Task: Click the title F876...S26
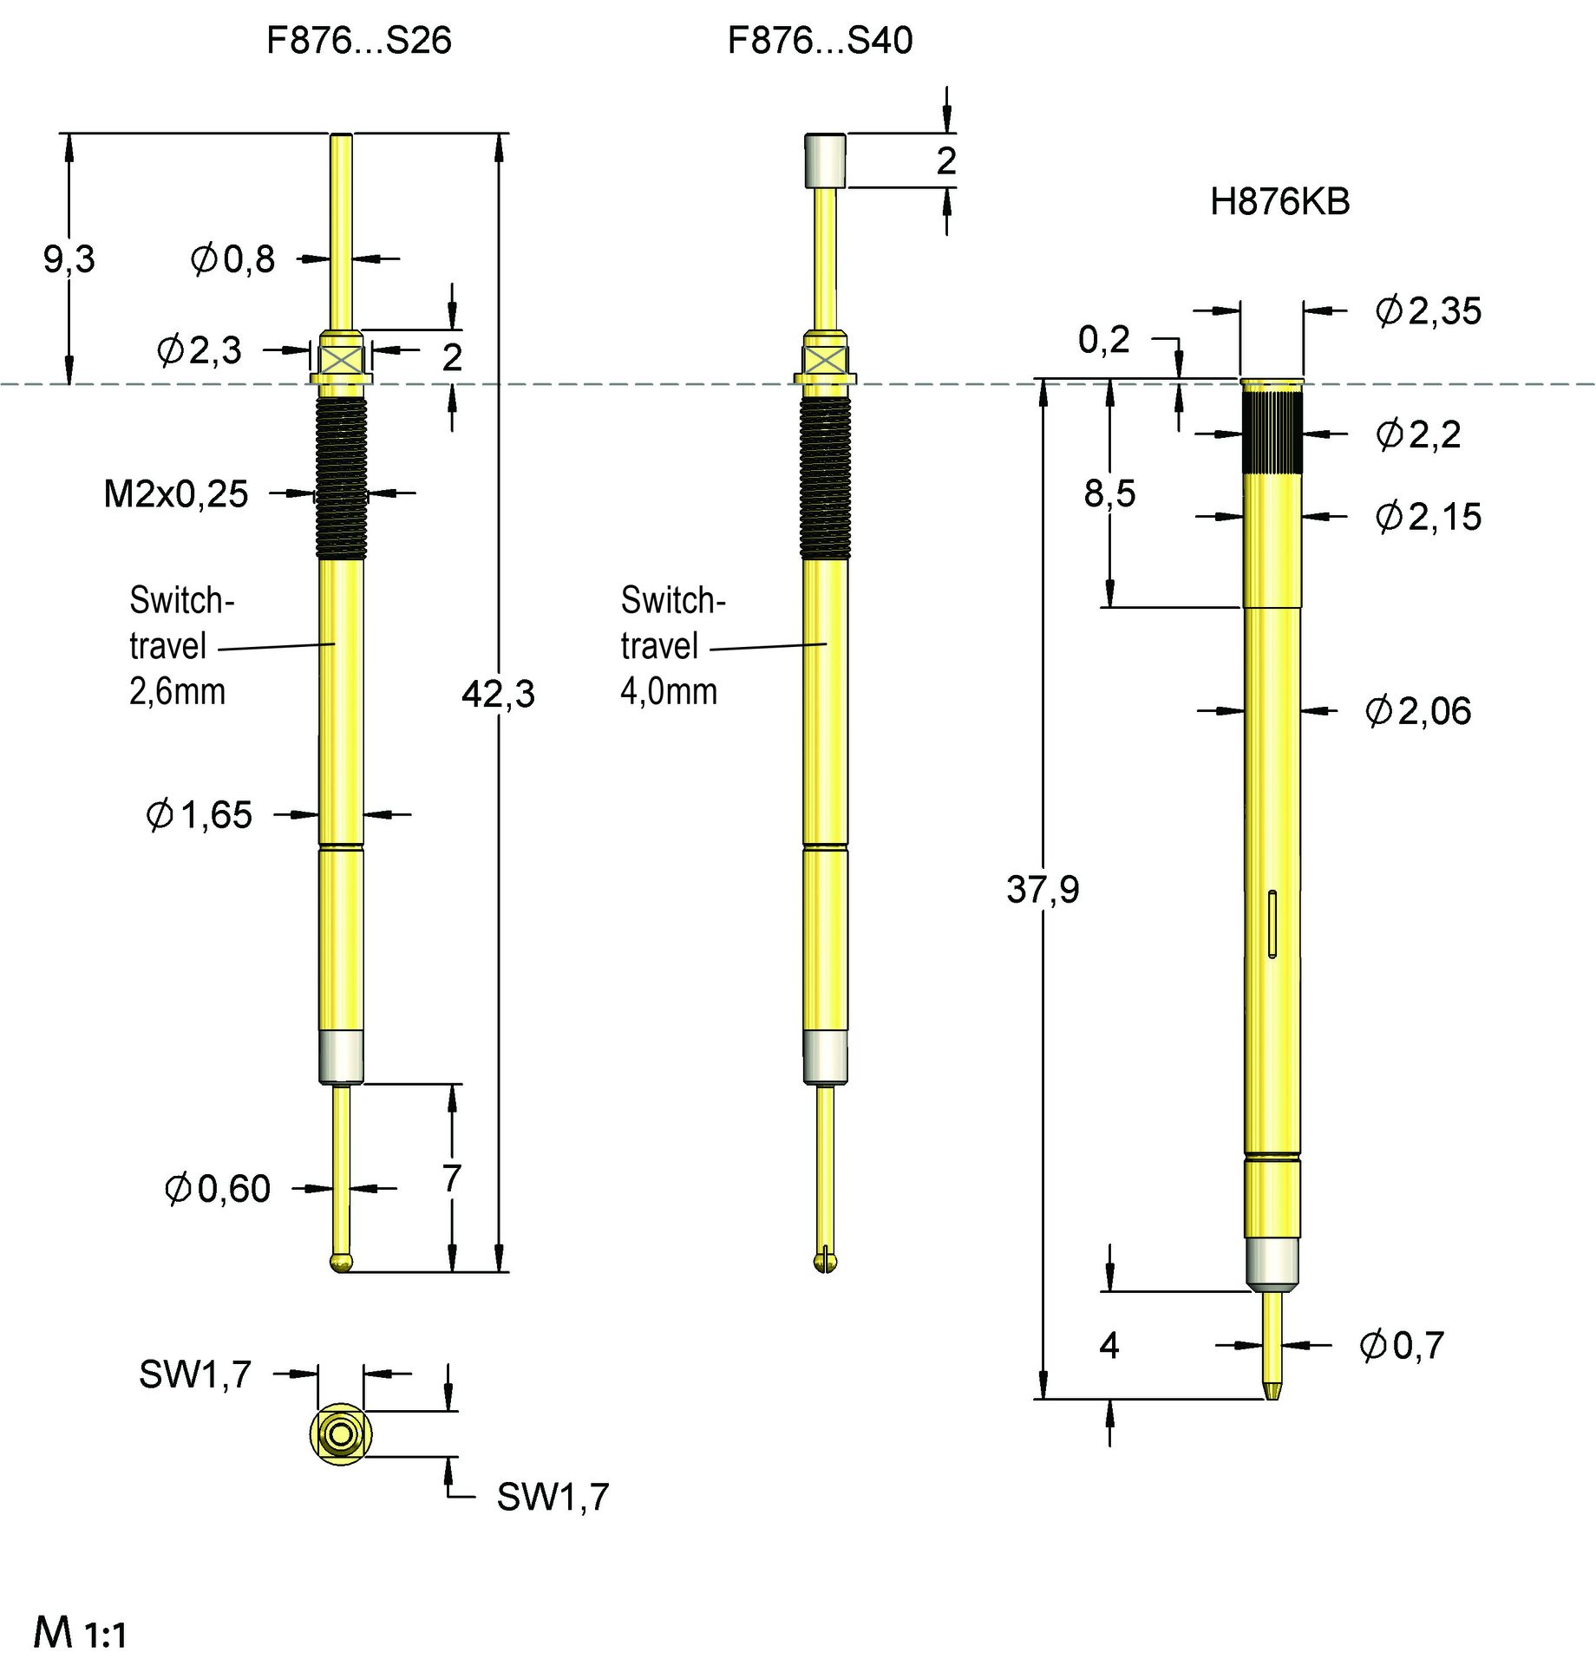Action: pyautogui.click(x=358, y=41)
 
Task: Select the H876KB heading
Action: pyautogui.click(x=1279, y=202)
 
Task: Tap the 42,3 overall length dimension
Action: pyautogui.click(x=498, y=695)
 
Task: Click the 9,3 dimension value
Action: pyautogui.click(x=69, y=259)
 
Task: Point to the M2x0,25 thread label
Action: pyautogui.click(x=176, y=494)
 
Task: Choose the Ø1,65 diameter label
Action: pyautogui.click(x=199, y=815)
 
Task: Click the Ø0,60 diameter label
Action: pyautogui.click(x=218, y=1189)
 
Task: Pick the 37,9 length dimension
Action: pyautogui.click(x=1043, y=890)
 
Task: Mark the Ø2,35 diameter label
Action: pyautogui.click(x=1429, y=311)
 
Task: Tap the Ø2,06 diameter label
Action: pyautogui.click(x=1418, y=711)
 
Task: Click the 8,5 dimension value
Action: pyautogui.click(x=1109, y=493)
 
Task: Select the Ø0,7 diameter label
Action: pyautogui.click(x=1402, y=1346)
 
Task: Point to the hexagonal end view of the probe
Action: pyautogui.click(x=341, y=1434)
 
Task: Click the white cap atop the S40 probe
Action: pyautogui.click(x=825, y=160)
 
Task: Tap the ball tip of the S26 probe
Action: pyautogui.click(x=342, y=1262)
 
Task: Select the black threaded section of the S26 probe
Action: pyautogui.click(x=341, y=477)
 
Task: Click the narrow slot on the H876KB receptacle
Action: pyautogui.click(x=1272, y=924)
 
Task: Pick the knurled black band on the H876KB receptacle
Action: pyautogui.click(x=1272, y=432)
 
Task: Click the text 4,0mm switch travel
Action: pyautogui.click(x=669, y=692)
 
